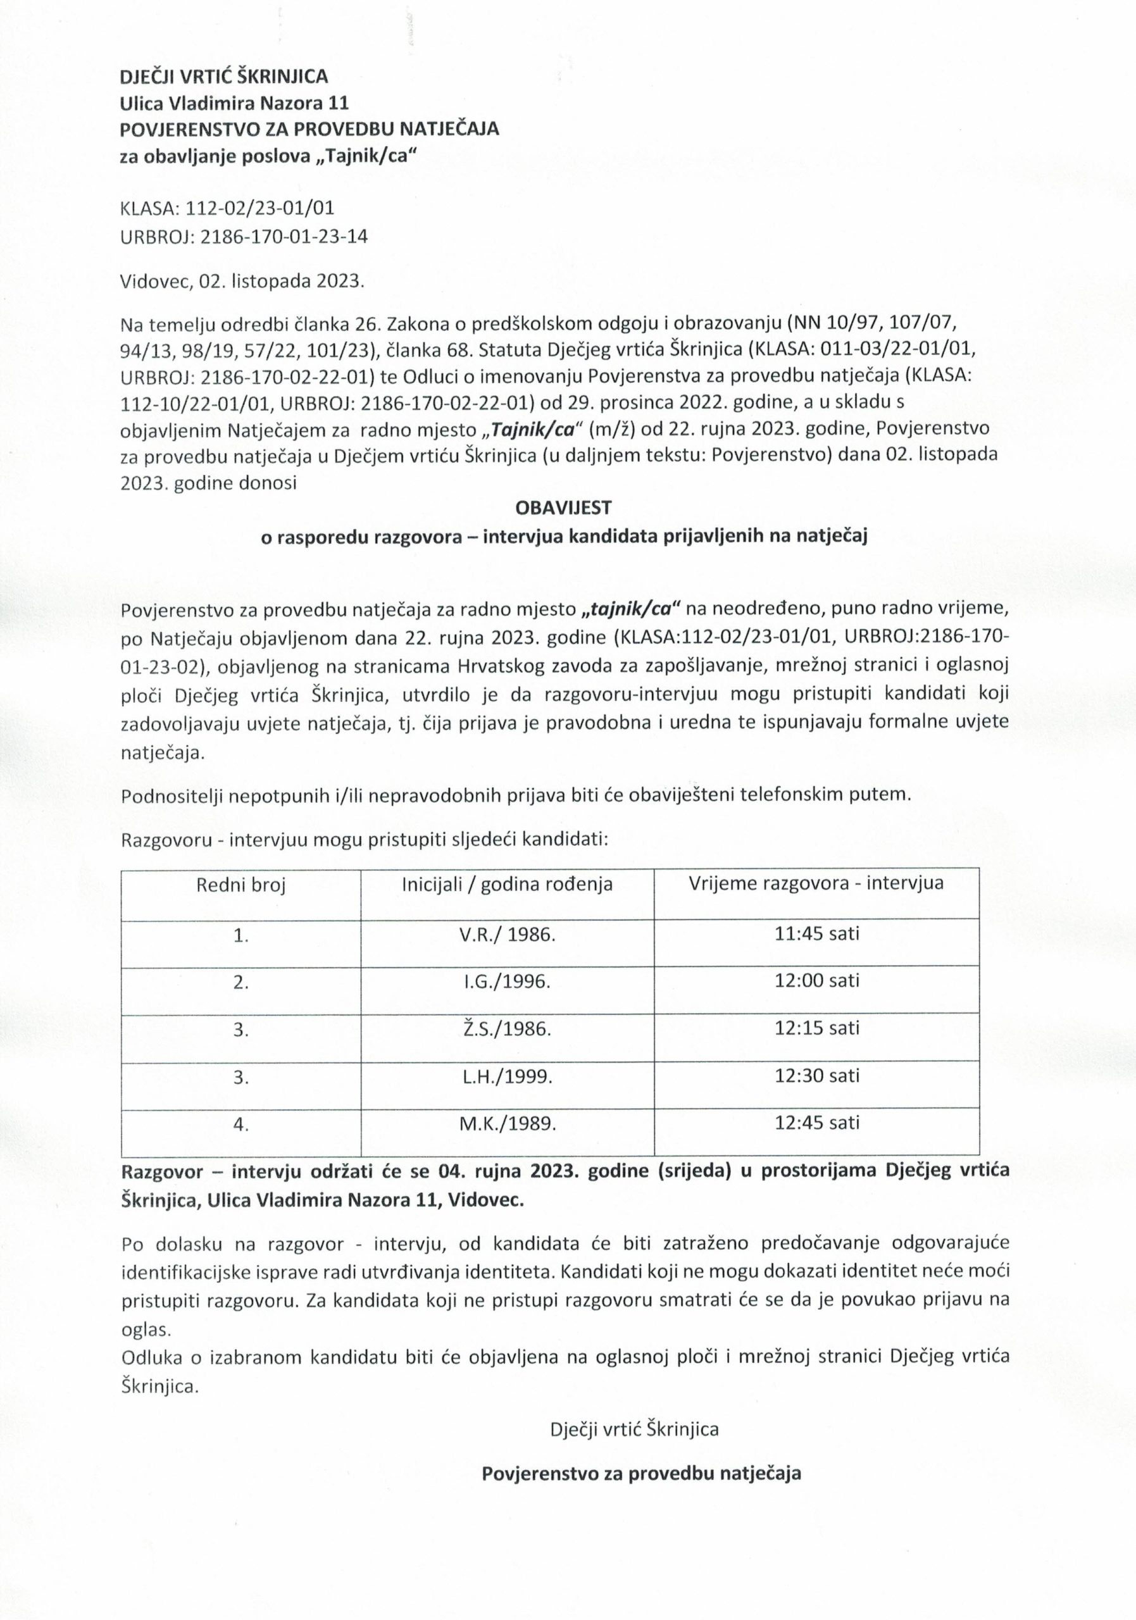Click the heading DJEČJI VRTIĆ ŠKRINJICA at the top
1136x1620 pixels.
(225, 76)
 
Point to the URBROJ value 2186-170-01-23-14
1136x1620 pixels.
(284, 237)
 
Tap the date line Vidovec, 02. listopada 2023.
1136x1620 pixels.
(243, 282)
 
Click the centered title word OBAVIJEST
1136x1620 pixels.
(564, 508)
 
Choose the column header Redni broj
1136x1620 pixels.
(241, 884)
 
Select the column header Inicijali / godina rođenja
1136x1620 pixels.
(507, 884)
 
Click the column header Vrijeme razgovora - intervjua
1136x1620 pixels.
(816, 883)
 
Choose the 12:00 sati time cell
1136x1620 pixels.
(817, 981)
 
